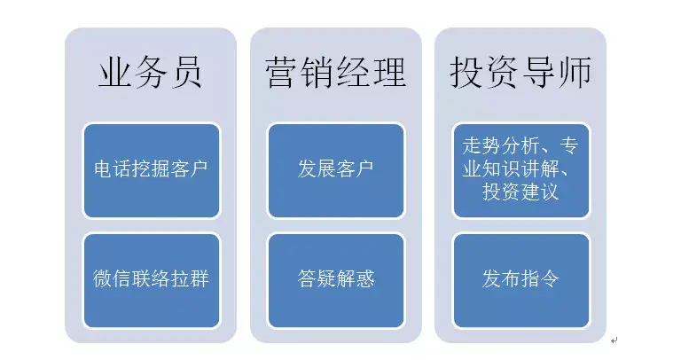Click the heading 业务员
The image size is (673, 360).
point(150,73)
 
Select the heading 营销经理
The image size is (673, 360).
point(336,73)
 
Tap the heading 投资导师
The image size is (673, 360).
point(520,73)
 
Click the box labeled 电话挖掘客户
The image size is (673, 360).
point(151,170)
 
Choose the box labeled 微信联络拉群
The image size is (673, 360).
point(151,280)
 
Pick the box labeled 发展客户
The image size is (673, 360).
point(336,170)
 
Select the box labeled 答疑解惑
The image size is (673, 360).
point(336,280)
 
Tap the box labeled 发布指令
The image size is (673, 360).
point(521,280)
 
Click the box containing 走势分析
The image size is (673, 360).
point(521,170)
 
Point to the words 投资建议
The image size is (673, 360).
point(520,192)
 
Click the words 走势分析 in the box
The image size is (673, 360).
point(500,146)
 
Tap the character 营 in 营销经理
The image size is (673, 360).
point(282,73)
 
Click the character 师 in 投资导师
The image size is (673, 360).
point(575,73)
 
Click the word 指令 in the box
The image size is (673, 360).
point(540,278)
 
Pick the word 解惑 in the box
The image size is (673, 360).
point(356,278)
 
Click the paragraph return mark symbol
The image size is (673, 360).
point(614,340)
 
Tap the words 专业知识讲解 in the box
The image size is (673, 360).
point(511,168)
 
